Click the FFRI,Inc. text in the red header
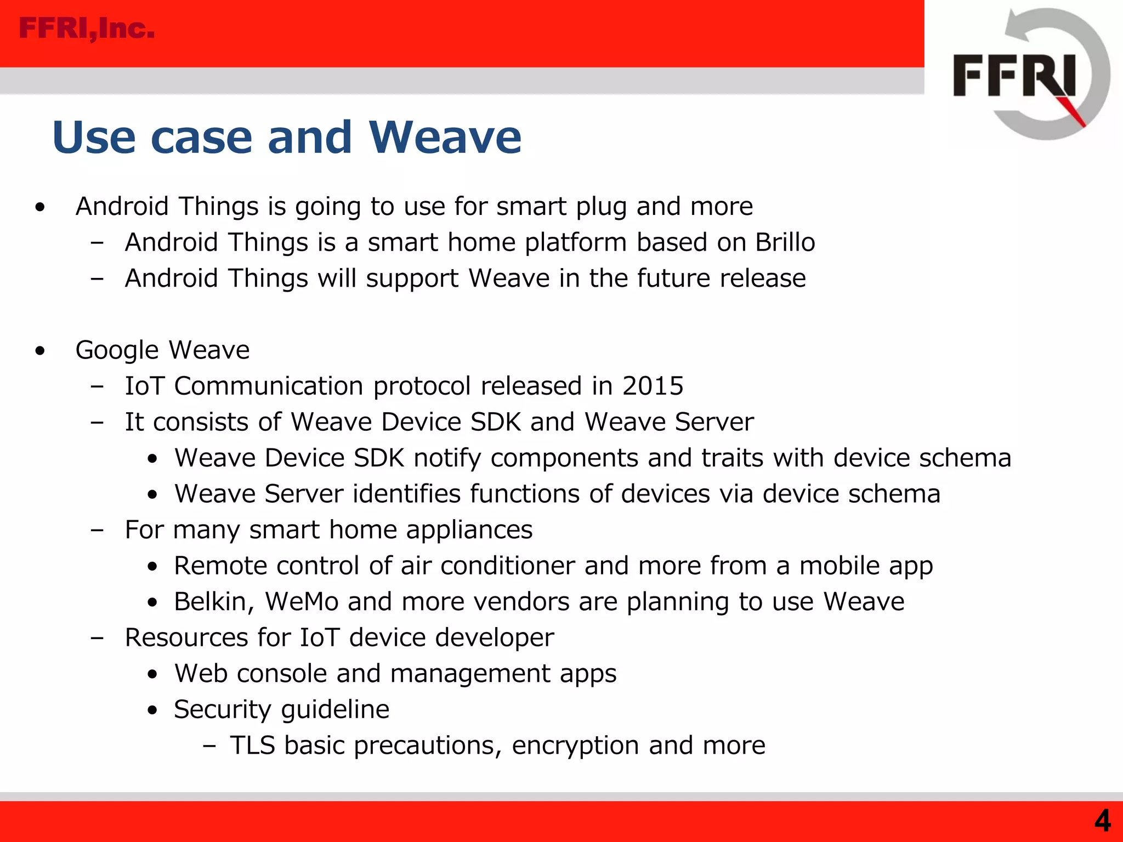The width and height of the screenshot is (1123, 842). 87,29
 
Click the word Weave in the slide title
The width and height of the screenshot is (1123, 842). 445,137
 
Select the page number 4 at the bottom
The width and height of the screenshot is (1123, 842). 1102,821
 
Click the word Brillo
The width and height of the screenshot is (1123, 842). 785,242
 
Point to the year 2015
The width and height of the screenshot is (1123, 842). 653,386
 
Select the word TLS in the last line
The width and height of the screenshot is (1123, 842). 252,746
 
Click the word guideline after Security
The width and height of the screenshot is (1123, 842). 335,710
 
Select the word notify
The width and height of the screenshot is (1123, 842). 447,458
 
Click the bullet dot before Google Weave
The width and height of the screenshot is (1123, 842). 39,351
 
